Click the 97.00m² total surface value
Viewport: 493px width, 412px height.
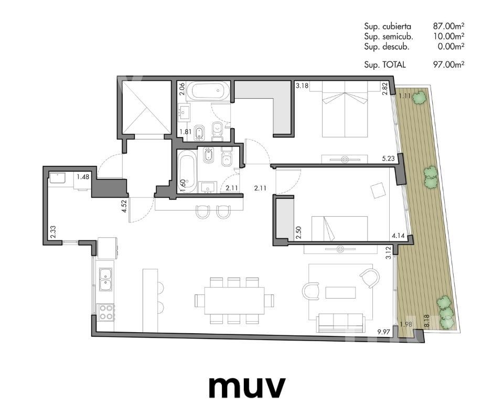pyautogui.click(x=448, y=65)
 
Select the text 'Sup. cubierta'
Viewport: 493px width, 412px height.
pyautogui.click(x=388, y=26)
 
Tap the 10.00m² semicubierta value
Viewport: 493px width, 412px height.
pyautogui.click(x=448, y=37)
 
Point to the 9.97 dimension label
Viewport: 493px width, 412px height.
pyautogui.click(x=383, y=331)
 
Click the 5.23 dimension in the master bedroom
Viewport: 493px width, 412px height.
pyautogui.click(x=388, y=159)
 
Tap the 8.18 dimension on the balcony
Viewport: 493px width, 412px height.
pyautogui.click(x=426, y=322)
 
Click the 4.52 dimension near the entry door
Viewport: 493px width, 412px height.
pyautogui.click(x=124, y=206)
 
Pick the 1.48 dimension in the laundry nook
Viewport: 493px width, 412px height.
pyautogui.click(x=83, y=177)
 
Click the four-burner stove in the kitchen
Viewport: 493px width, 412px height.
pyautogui.click(x=106, y=312)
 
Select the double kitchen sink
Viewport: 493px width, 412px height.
pyautogui.click(x=105, y=279)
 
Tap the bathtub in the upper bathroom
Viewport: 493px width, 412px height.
pyautogui.click(x=207, y=91)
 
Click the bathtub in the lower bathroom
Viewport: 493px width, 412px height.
pyautogui.click(x=187, y=171)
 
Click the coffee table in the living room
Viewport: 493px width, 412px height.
pyautogui.click(x=340, y=292)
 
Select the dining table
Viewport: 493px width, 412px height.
pyautogui.click(x=234, y=300)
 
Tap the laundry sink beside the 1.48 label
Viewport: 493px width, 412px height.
pyautogui.click(x=57, y=178)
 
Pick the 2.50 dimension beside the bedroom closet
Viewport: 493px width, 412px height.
pyautogui.click(x=299, y=233)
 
